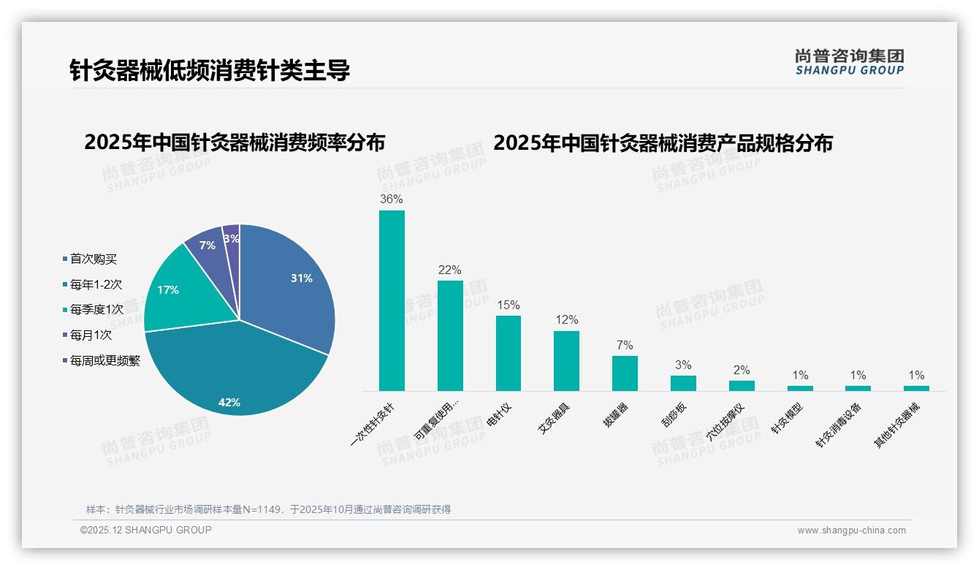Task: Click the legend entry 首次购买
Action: point(93,259)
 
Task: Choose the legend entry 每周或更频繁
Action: point(104,360)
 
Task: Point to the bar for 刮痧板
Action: point(683,383)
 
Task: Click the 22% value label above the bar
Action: point(449,270)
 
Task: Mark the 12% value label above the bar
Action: point(566,320)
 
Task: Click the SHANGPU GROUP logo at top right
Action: point(849,62)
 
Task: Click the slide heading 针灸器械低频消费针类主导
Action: point(210,70)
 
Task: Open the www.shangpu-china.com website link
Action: point(851,531)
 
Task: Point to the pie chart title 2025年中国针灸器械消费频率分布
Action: point(235,142)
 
